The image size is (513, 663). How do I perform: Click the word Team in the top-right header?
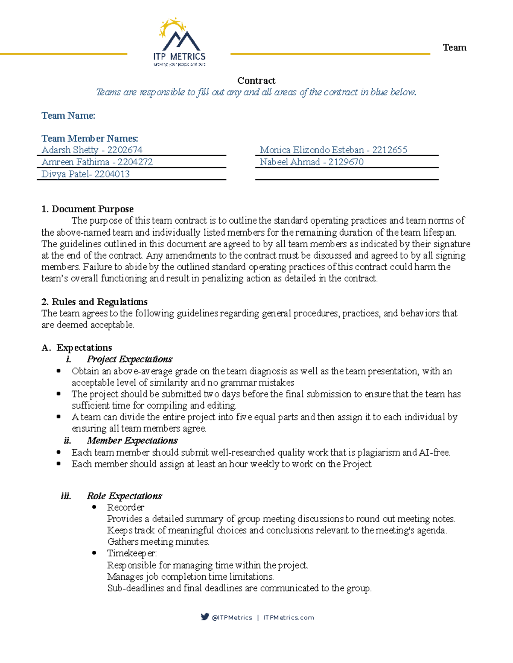point(454,47)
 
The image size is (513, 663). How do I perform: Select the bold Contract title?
point(256,81)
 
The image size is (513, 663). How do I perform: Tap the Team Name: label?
point(68,116)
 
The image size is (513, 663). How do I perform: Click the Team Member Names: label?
point(89,138)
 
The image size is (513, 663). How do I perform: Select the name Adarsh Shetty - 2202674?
point(91,150)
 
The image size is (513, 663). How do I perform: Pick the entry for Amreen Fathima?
point(97,162)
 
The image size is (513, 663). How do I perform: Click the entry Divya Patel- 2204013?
point(85,174)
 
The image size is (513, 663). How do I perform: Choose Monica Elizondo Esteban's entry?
point(333,150)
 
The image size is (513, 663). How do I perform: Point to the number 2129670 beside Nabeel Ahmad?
point(345,162)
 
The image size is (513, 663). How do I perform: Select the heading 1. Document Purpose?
point(87,209)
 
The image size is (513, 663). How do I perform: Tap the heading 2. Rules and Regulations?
point(94,302)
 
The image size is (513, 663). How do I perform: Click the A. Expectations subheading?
point(77,348)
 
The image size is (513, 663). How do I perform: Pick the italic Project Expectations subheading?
point(129,359)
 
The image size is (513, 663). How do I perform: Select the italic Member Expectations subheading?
point(132,440)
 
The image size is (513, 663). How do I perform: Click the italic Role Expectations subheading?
point(124,496)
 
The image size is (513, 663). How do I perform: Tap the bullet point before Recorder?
point(94,507)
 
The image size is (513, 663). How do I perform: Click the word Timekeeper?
point(132,553)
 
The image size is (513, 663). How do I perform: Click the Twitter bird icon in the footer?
point(205,617)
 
